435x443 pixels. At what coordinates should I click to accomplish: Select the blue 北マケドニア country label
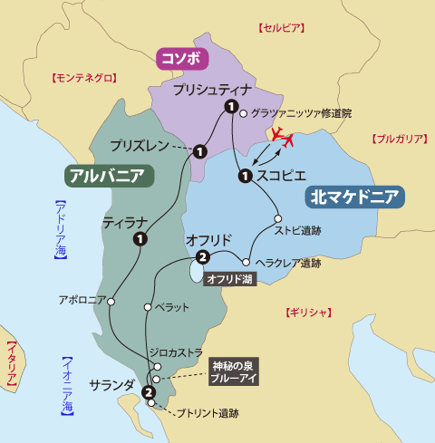[x=356, y=197]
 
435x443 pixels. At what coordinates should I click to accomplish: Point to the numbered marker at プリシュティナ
[x=231, y=108]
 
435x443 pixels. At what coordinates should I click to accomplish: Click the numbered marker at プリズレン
[x=198, y=150]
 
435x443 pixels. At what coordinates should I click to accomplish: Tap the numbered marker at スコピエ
[x=244, y=175]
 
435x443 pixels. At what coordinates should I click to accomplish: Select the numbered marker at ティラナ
[x=140, y=239]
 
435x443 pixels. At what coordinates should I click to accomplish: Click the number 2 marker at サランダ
[x=148, y=391]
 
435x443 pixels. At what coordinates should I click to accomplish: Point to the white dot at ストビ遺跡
[x=278, y=218]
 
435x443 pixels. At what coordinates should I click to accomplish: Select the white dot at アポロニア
[x=111, y=303]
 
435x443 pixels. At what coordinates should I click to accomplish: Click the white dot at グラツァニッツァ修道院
[x=244, y=114]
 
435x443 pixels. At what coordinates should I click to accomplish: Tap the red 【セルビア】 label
[x=280, y=29]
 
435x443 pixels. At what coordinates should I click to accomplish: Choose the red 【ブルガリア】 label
[x=399, y=139]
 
